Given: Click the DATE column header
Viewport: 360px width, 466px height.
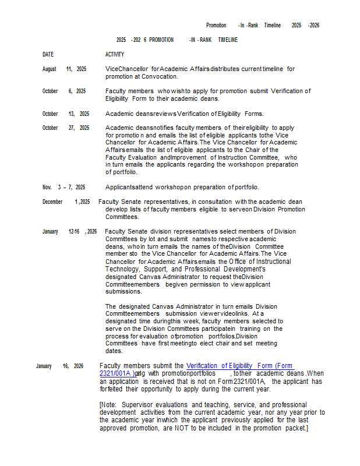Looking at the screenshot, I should pyautogui.click(x=48, y=54).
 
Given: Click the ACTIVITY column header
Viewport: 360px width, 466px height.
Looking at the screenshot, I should pyautogui.click(x=115, y=54).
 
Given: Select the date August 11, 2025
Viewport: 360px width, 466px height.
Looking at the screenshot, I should pyautogui.click(x=64, y=69).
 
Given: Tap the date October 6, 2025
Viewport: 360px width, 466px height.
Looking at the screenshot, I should pyautogui.click(x=64, y=91).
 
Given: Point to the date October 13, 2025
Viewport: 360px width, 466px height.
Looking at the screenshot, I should pyautogui.click(x=65, y=114).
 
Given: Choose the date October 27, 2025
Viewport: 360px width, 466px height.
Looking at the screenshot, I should pyautogui.click(x=65, y=128).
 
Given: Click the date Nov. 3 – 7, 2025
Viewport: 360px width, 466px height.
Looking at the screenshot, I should pyautogui.click(x=63, y=187).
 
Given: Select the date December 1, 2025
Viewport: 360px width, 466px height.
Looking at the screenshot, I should pyautogui.click(x=66, y=202).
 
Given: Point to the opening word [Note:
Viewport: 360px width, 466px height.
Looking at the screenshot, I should pyautogui.click(x=108, y=404).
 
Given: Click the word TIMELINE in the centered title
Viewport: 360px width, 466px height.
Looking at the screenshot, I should pyautogui.click(x=228, y=40).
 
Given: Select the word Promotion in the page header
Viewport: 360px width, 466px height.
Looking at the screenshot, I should pyautogui.click(x=216, y=25).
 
